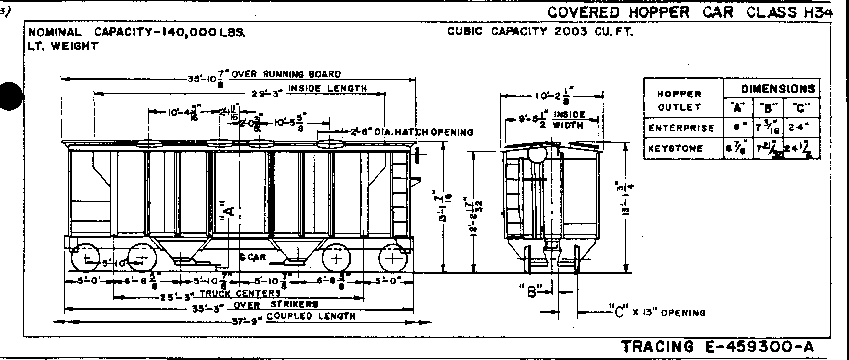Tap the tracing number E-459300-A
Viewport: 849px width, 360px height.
[x=718, y=347]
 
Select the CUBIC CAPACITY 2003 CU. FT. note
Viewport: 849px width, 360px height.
[x=540, y=32]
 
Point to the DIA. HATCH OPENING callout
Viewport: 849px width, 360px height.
[x=412, y=132]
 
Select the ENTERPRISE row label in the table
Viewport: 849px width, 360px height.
[x=681, y=128]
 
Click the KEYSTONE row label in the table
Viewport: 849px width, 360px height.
[x=675, y=149]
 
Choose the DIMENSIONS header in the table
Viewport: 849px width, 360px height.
[x=778, y=89]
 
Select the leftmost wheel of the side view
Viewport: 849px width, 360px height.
[x=85, y=258]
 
